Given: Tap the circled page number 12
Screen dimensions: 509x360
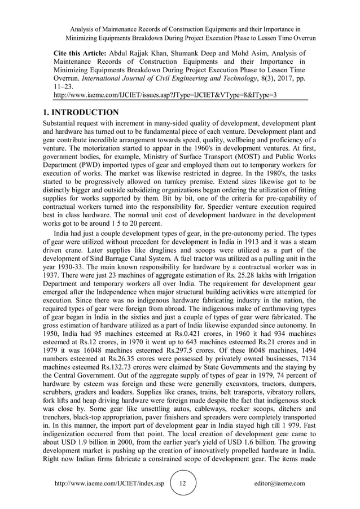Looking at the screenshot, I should pyautogui.click(x=182, y=484).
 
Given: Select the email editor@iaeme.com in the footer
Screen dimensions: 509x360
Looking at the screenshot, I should pyautogui.click(x=279, y=484).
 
